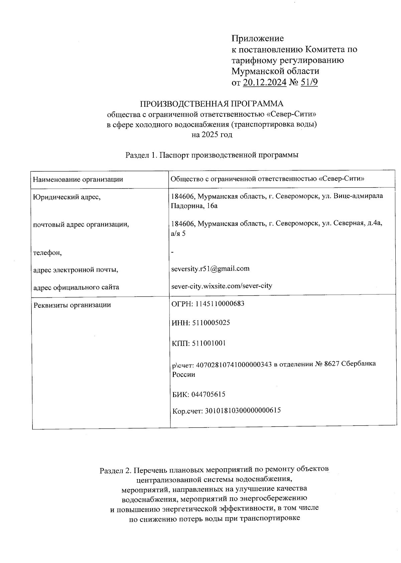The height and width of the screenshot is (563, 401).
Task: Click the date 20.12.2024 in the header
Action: click(x=265, y=82)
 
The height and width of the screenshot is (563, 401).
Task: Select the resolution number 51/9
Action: click(x=309, y=82)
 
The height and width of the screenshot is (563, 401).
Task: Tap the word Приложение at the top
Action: click(x=258, y=38)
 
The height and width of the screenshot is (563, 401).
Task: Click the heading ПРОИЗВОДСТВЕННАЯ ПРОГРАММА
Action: click(x=212, y=104)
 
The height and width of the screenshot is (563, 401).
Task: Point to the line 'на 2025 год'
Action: click(x=212, y=135)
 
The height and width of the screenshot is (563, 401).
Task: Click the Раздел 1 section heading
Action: click(x=212, y=155)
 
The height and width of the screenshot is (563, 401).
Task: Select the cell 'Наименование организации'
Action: click(x=78, y=179)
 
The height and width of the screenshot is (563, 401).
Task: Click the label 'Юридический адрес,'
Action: click(x=67, y=197)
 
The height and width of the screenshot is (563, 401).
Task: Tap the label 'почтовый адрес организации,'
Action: click(x=81, y=225)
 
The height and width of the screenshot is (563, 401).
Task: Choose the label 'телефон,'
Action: click(x=47, y=253)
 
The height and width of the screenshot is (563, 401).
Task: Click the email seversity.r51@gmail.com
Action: click(x=210, y=269)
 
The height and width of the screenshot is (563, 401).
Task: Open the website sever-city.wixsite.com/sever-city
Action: click(x=222, y=286)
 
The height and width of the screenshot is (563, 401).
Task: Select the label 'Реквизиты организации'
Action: click(x=72, y=305)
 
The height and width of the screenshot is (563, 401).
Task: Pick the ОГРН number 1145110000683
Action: click(x=218, y=304)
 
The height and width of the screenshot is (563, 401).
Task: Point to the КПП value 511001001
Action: click(x=209, y=343)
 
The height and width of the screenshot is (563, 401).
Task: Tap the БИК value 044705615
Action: click(x=208, y=394)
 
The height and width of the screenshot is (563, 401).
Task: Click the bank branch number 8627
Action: click(x=332, y=364)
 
